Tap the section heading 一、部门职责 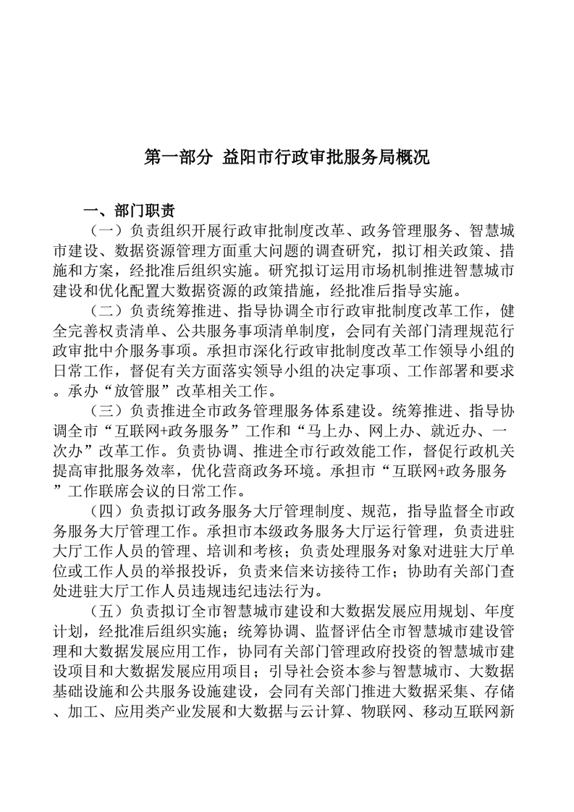tap(129, 211)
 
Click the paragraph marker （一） tap(106, 232)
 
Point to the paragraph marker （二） tap(106, 311)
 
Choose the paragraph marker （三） tap(106, 410)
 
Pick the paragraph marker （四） tap(106, 509)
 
